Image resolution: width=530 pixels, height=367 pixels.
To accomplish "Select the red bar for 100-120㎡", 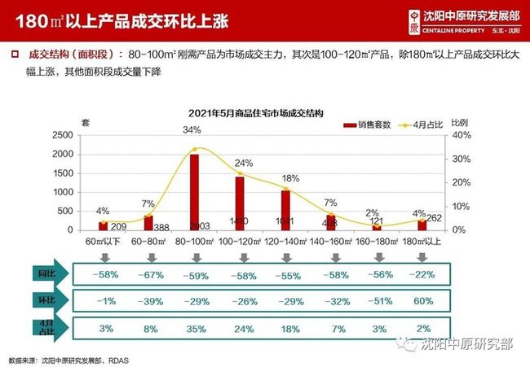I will coord(240,203).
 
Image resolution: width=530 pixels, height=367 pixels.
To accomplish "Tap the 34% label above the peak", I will coord(192,130).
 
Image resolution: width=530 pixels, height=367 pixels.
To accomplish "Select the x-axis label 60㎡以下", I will coord(103,242).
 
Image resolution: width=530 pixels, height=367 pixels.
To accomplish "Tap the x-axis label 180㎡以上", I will coord(422,242).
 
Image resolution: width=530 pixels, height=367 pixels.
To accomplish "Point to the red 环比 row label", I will coord(45,300).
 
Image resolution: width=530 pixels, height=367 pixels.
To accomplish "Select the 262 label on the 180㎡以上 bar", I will coord(435,217).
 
